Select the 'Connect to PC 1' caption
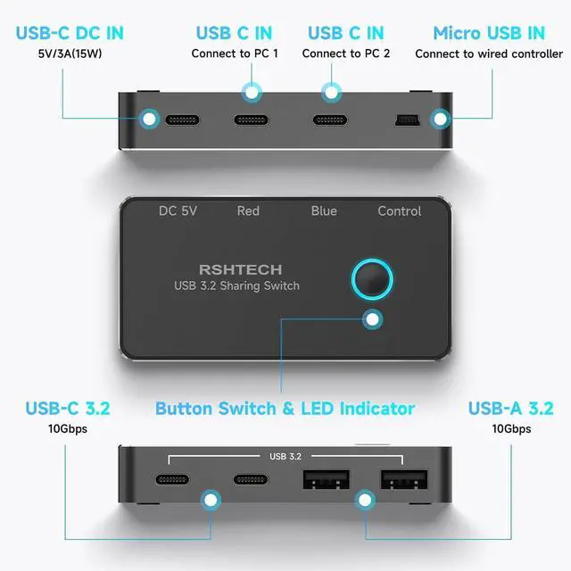[235, 54]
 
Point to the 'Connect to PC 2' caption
[346, 54]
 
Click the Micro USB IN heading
[489, 33]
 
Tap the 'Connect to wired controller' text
[489, 54]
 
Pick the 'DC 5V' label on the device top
[178, 211]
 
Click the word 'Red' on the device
[248, 211]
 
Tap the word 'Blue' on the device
[324, 211]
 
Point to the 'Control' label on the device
[400, 211]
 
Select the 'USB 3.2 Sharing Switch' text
[236, 285]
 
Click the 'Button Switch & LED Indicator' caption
[285, 409]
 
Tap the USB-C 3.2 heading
[68, 409]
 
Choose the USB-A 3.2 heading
[511, 409]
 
